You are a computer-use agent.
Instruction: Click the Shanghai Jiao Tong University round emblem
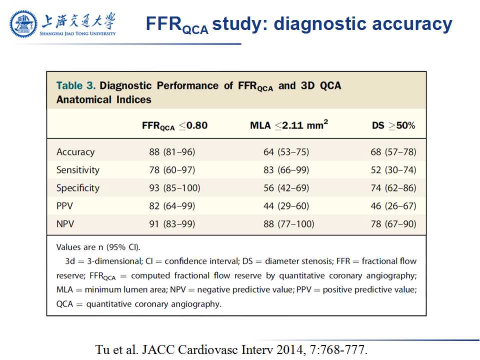(x=23, y=23)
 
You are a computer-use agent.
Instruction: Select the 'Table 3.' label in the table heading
(x=75, y=85)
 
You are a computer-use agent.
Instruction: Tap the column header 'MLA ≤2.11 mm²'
(x=289, y=125)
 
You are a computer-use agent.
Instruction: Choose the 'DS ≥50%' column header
(x=393, y=125)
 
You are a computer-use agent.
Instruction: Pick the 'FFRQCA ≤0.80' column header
(x=174, y=125)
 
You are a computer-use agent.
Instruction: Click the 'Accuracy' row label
(x=75, y=152)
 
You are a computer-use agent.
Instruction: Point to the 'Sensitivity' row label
(x=78, y=170)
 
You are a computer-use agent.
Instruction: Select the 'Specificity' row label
(x=78, y=188)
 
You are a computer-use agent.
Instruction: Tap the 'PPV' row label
(x=65, y=206)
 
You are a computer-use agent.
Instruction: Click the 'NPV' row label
(x=65, y=224)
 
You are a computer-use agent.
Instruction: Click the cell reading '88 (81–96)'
(x=172, y=152)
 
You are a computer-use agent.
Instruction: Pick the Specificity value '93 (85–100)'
(x=174, y=188)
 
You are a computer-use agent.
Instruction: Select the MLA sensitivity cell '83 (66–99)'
(x=286, y=170)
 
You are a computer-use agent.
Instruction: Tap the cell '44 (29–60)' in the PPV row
(x=286, y=206)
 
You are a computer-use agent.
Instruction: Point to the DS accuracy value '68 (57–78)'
(x=393, y=152)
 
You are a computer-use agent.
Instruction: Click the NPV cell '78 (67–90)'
(x=393, y=224)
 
